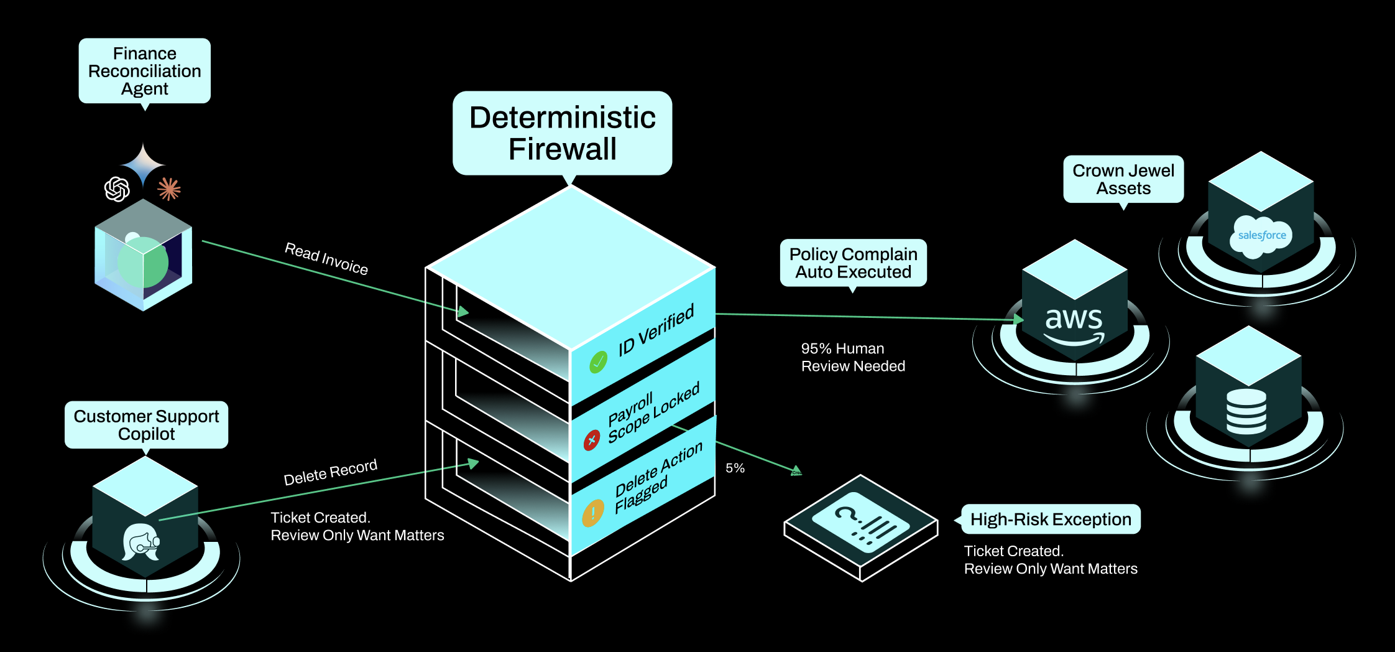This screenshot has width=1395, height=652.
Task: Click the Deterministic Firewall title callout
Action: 562,133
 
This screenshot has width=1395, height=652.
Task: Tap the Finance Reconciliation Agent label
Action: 144,71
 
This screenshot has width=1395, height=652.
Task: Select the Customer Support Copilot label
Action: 146,425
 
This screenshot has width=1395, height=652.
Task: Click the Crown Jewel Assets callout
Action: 1123,179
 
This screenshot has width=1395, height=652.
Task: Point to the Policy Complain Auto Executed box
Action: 853,263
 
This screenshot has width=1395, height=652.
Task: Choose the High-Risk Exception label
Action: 1050,519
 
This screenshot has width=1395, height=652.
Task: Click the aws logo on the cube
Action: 1074,325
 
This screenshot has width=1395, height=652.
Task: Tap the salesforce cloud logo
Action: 1261,236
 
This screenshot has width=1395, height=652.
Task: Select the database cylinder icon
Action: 1246,411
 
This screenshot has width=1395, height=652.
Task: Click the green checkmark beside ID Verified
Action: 598,361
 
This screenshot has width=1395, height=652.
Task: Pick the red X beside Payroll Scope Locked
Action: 591,440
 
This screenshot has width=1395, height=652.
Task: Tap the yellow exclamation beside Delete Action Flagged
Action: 592,513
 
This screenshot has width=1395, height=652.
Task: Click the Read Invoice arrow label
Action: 326,258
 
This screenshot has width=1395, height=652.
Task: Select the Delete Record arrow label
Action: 330,472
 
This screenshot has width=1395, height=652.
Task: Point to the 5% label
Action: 735,468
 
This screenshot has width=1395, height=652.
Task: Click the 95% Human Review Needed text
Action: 852,357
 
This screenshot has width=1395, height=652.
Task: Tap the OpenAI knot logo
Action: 117,189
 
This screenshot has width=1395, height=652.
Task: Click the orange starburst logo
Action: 169,189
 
